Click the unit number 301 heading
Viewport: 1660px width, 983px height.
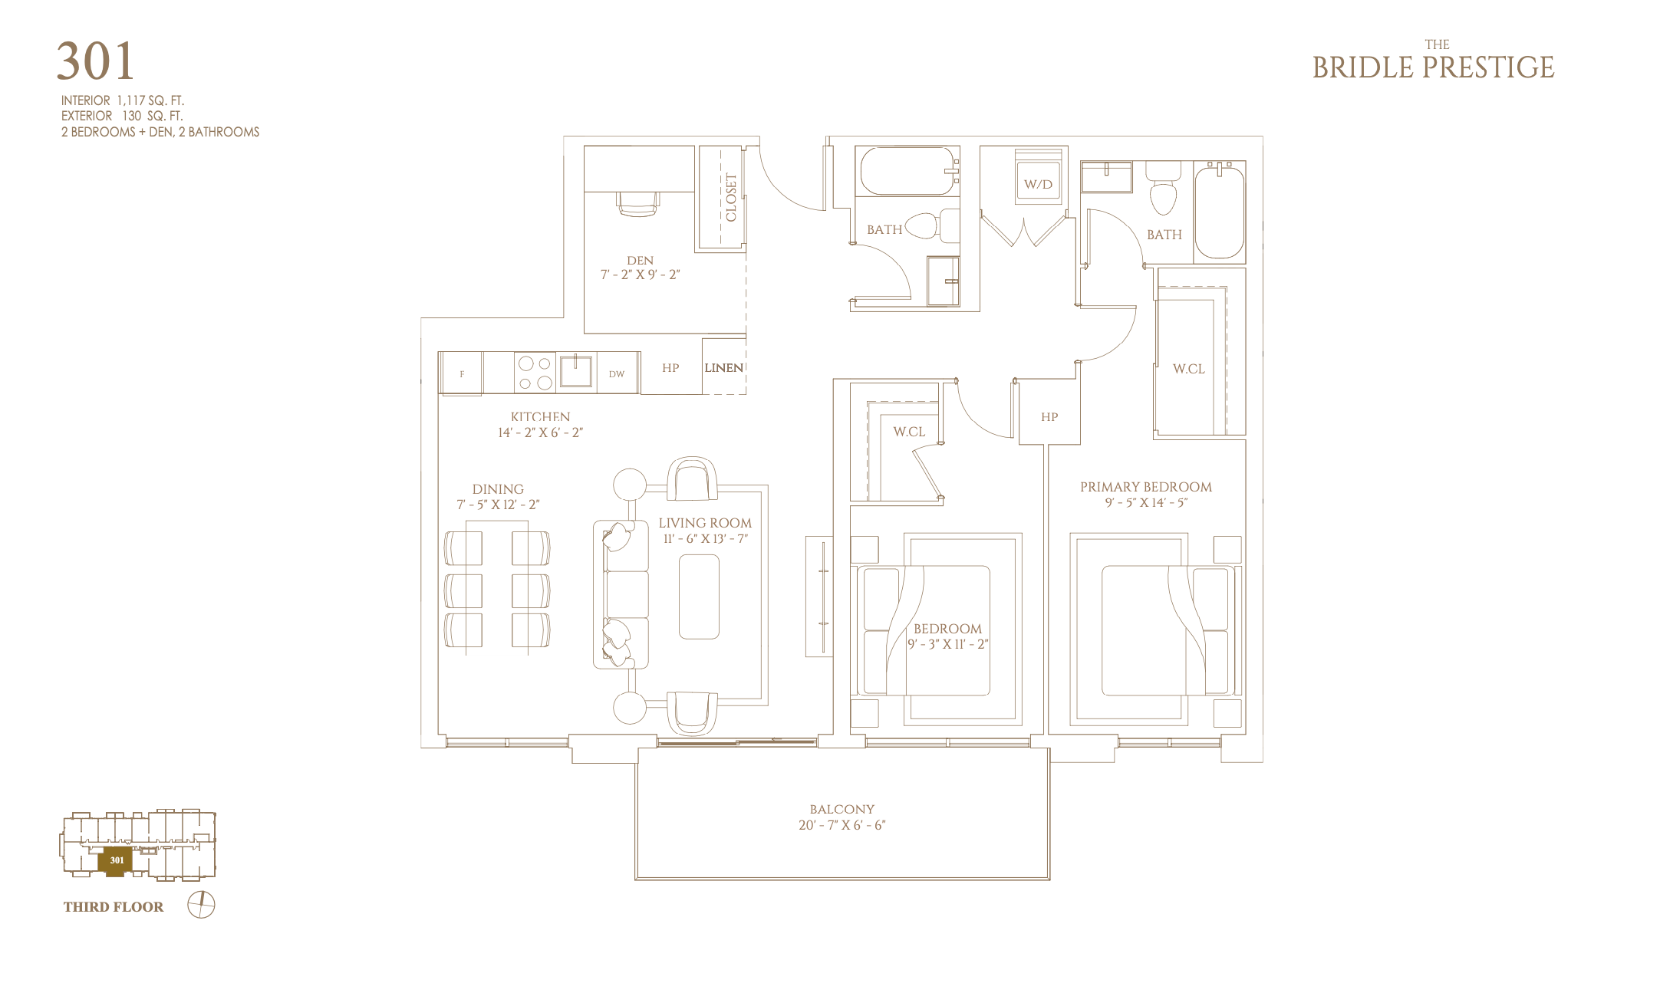pyautogui.click(x=96, y=61)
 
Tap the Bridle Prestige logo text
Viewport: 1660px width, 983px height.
pyautogui.click(x=1433, y=61)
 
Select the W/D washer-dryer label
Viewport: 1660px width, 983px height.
pyautogui.click(x=1038, y=184)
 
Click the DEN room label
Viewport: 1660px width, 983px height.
pyautogui.click(x=640, y=261)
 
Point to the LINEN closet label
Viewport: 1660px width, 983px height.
pyautogui.click(x=724, y=368)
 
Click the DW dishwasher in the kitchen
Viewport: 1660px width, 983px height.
pyautogui.click(x=617, y=373)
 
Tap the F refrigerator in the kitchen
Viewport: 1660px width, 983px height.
pyautogui.click(x=461, y=373)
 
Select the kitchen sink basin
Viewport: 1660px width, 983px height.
pyautogui.click(x=575, y=372)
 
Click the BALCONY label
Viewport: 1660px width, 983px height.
pyautogui.click(x=842, y=809)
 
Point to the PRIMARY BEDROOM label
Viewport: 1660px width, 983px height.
pyautogui.click(x=1146, y=487)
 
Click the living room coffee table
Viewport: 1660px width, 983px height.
pyautogui.click(x=699, y=597)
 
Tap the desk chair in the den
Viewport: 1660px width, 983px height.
pyautogui.click(x=637, y=203)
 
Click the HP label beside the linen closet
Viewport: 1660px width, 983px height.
pyautogui.click(x=670, y=368)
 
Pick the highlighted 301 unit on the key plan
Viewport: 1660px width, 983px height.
pyautogui.click(x=116, y=860)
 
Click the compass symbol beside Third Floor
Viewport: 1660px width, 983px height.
pyautogui.click(x=201, y=906)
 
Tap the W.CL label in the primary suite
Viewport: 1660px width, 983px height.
pyautogui.click(x=1188, y=369)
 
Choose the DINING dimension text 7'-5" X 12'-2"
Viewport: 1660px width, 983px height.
pyautogui.click(x=498, y=505)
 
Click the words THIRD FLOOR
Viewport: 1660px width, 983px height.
pyautogui.click(x=114, y=907)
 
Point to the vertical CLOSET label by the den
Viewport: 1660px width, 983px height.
pyautogui.click(x=731, y=198)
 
